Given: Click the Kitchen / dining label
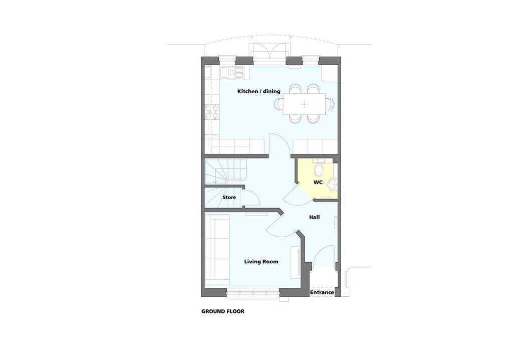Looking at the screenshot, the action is [x=259, y=91].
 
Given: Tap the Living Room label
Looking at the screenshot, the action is [x=261, y=261].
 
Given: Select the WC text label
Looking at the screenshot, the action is [x=318, y=183].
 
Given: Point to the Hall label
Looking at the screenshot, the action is [x=315, y=217].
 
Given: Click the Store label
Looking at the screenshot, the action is [x=229, y=198].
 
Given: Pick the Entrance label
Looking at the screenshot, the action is [x=322, y=292].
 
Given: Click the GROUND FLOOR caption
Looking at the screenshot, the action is [x=223, y=311].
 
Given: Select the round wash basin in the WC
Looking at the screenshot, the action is [x=333, y=184].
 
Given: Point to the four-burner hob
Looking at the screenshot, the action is [x=211, y=112].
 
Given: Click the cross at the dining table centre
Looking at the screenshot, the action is [x=304, y=104].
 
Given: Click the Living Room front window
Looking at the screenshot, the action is [x=253, y=292].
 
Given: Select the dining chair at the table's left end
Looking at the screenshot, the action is [x=279, y=104].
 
